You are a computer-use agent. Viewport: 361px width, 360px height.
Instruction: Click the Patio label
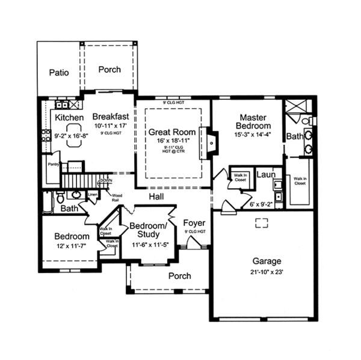click(58, 72)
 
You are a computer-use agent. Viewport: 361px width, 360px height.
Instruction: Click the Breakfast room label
click(110, 117)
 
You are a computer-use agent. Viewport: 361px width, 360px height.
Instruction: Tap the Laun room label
click(265, 174)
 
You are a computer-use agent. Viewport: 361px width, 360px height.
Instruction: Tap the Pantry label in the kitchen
click(53, 163)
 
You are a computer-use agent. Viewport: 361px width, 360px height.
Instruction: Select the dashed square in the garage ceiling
click(262, 224)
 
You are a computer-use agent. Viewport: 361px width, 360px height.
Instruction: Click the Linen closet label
click(93, 194)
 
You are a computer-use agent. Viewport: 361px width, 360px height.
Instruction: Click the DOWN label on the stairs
click(106, 180)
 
